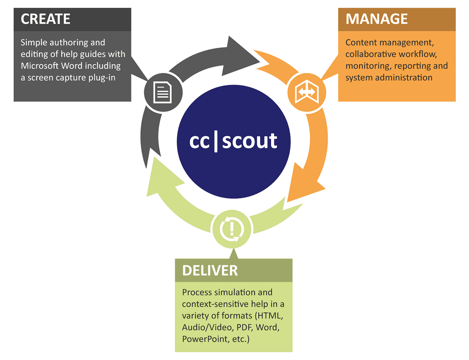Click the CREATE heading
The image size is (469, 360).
tap(46, 19)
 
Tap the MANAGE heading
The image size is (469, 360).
tap(376, 19)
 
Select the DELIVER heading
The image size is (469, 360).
tap(210, 270)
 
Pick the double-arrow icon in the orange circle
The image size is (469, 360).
tap(306, 92)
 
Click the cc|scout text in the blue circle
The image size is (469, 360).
tap(233, 141)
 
